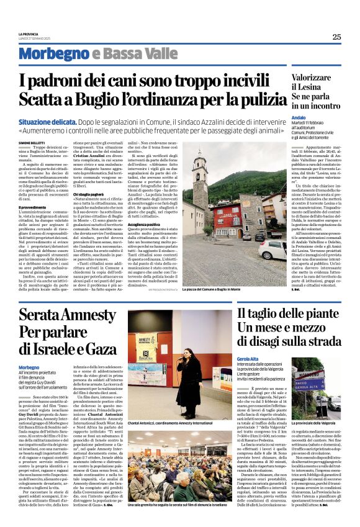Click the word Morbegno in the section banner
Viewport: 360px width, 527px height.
tap(52, 54)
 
